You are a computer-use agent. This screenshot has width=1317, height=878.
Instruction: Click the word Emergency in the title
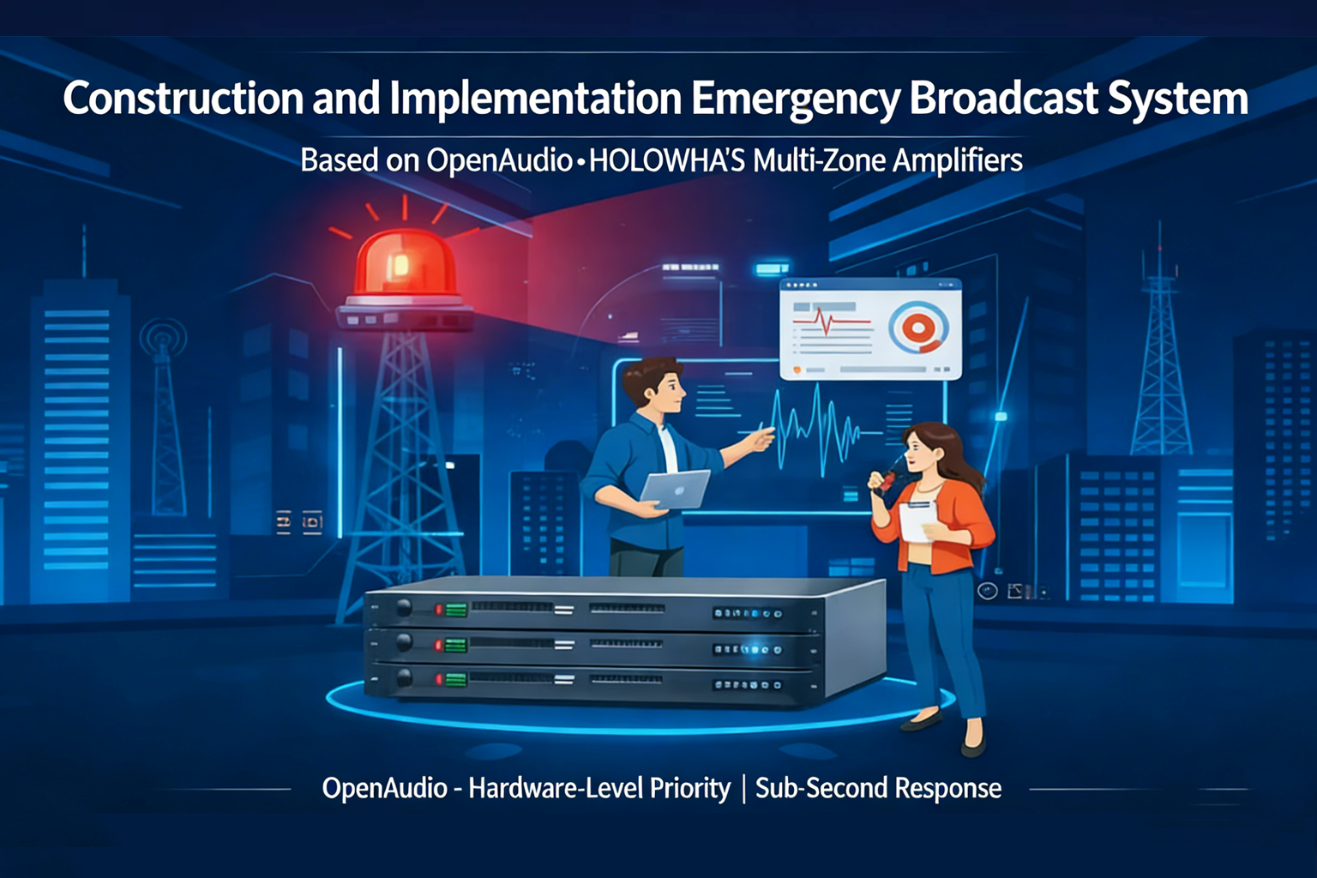[x=795, y=99]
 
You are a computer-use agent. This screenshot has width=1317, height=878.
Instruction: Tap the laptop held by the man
[x=676, y=490]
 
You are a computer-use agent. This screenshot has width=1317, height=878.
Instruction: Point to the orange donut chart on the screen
[x=917, y=327]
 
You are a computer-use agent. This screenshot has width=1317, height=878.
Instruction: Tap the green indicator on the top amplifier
[x=456, y=610]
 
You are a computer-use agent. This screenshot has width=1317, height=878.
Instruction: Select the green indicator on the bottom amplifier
[x=456, y=680]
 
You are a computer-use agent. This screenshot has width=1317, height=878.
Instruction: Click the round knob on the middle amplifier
[x=404, y=643]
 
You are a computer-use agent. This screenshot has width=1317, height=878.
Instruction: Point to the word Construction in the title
[x=183, y=99]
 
